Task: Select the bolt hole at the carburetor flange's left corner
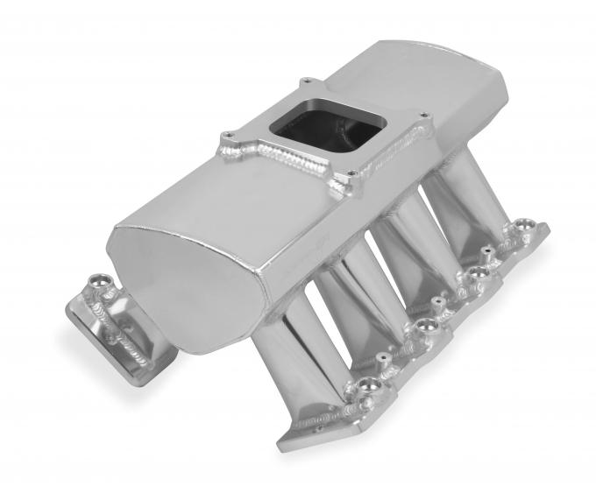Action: tap(226, 137)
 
